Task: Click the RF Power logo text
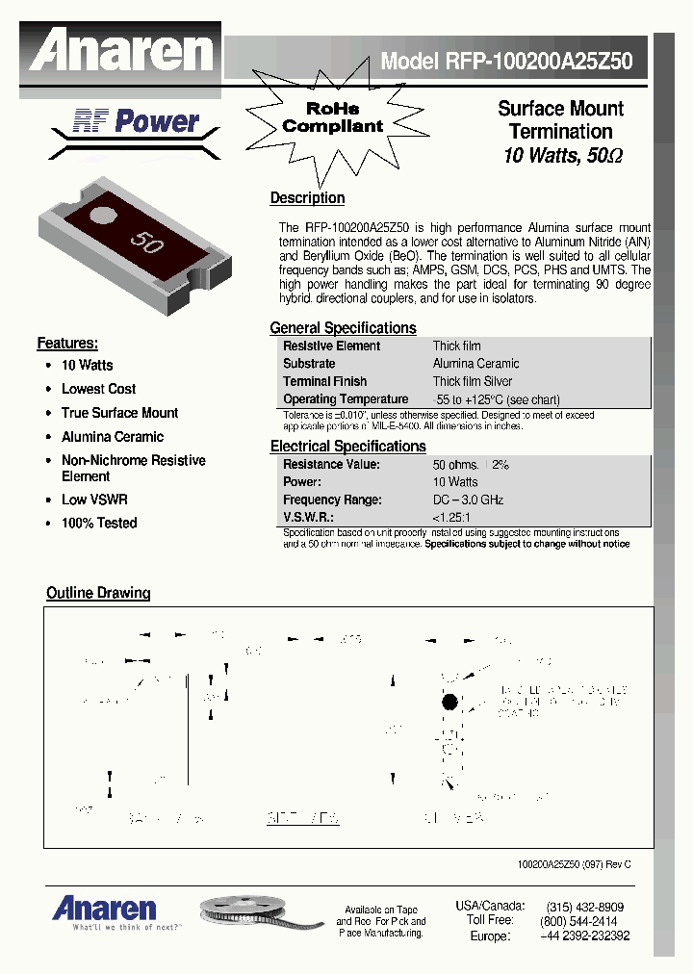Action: coord(136,121)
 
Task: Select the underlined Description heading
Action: coord(307,198)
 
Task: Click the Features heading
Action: coord(67,344)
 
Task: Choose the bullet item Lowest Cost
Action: coord(98,389)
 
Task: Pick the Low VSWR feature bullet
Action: coord(94,500)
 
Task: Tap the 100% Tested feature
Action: coord(99,524)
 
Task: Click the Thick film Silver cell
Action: coord(473,381)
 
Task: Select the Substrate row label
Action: coord(309,364)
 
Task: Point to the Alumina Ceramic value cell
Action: coord(475,364)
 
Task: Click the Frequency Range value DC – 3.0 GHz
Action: coord(468,500)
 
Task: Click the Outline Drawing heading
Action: coord(98,593)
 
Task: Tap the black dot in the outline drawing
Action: coord(449,703)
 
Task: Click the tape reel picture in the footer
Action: coord(255,911)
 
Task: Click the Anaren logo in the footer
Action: coord(104,909)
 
